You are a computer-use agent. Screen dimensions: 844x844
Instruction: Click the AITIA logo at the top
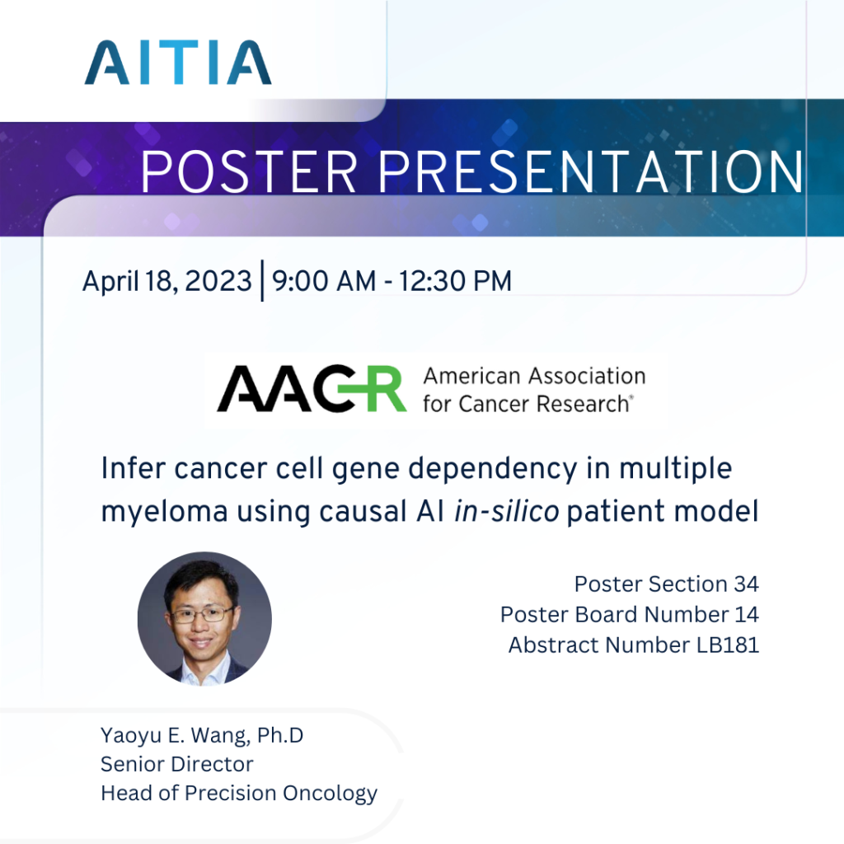coord(177,63)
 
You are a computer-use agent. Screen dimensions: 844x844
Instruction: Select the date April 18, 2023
coord(166,282)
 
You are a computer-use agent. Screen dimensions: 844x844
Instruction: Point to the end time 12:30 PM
coord(455,282)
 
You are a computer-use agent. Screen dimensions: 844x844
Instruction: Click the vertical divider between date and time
coord(262,282)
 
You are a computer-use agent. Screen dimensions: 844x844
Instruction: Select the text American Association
coord(533,377)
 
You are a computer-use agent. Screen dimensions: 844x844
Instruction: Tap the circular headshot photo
coord(204,619)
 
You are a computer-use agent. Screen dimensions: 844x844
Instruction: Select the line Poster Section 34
coord(666,584)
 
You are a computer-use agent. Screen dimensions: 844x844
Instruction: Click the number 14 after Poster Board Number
coord(747,615)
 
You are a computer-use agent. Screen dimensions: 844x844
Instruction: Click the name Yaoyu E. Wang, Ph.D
coord(201,734)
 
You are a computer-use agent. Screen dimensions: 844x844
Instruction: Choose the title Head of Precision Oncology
coord(239,793)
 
